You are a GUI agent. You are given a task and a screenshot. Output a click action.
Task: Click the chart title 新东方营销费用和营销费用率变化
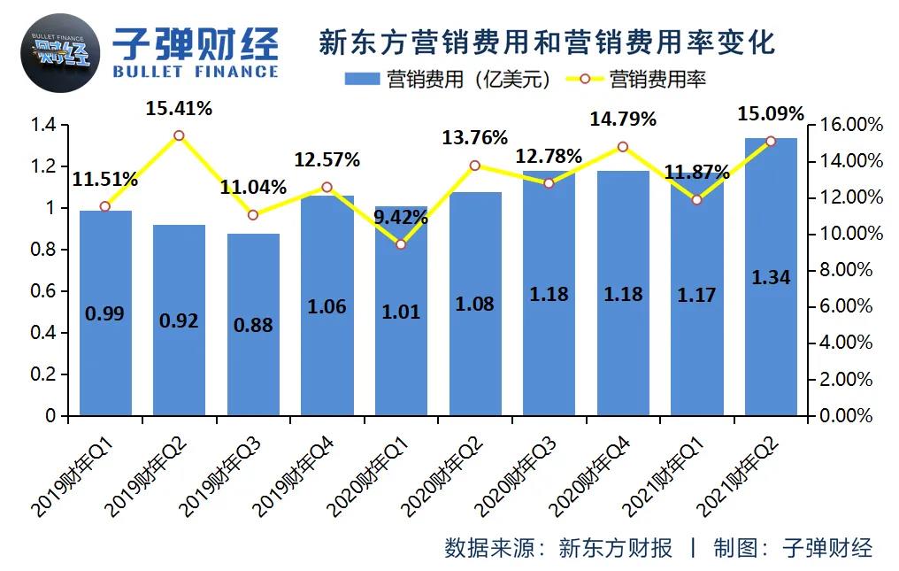[x=546, y=42]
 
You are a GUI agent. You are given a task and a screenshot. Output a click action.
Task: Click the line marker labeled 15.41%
[x=179, y=135]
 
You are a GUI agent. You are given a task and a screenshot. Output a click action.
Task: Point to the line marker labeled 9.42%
[x=401, y=243]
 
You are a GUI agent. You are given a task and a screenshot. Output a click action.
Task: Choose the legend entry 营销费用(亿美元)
[x=449, y=80]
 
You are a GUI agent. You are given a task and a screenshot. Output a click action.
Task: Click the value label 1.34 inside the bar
[x=771, y=277]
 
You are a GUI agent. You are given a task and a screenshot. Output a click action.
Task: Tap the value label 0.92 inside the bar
[x=179, y=320]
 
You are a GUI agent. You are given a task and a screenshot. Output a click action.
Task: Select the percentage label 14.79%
[x=623, y=118]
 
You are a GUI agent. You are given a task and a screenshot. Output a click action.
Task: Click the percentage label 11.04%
[x=253, y=187]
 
